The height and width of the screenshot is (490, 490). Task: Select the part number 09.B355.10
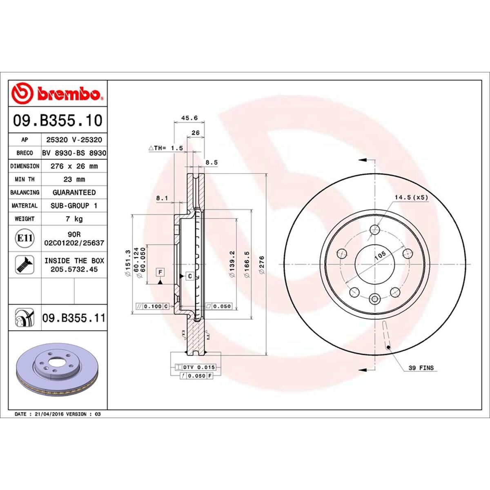coord(58,120)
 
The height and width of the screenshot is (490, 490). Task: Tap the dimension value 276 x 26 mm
coord(74,166)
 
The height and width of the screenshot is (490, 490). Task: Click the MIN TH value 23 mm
coord(74,179)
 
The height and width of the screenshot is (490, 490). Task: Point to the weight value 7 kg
coord(74,219)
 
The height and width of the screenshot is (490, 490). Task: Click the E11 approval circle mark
coord(25,238)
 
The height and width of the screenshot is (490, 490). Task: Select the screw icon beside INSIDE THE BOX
coord(24,265)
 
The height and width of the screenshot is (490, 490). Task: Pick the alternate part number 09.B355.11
coord(73,318)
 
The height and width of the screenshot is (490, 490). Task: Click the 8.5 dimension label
coord(212,162)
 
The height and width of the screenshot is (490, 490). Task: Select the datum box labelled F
coord(160,272)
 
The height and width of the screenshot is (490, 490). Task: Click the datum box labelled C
coord(190,276)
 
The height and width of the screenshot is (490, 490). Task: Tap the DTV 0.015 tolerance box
coord(195,367)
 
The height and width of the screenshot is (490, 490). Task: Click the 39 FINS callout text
coord(421,368)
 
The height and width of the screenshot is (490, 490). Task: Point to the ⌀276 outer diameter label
coord(262,265)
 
